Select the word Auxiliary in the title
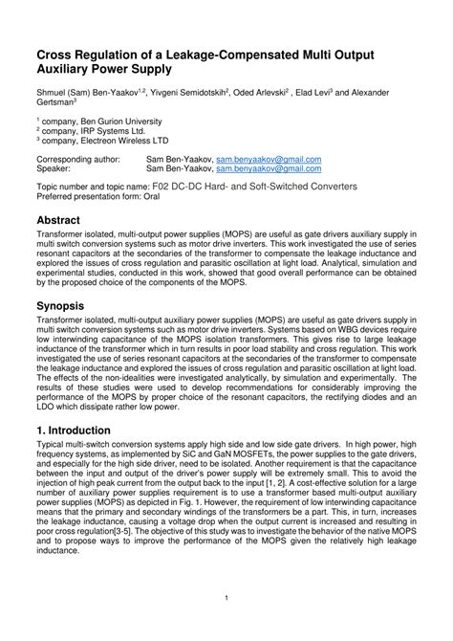(x=73, y=70)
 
